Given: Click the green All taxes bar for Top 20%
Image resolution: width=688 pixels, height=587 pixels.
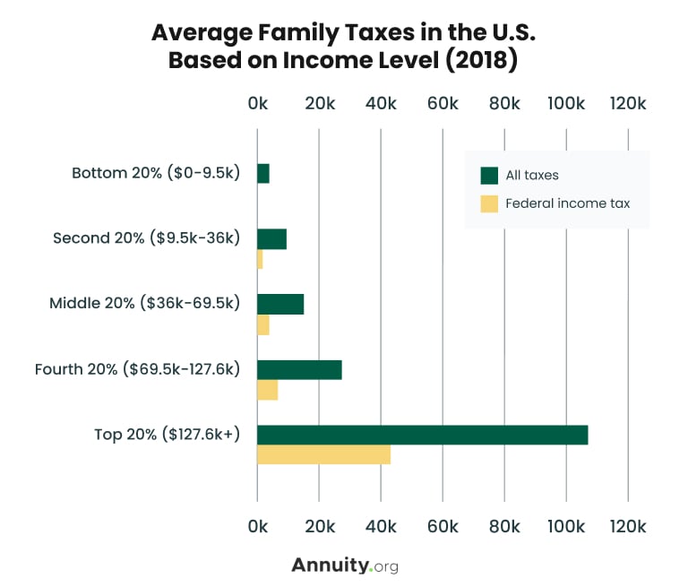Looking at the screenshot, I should coord(422,435).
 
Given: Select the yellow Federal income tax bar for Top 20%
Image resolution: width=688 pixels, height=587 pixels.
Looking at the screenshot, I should coord(323,454).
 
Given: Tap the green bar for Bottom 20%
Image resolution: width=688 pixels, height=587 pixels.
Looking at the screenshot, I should coord(263,174).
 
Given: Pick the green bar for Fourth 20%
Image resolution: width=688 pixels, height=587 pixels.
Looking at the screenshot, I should coord(299,369).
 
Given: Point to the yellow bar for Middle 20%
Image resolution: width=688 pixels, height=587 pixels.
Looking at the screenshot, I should coord(263,324).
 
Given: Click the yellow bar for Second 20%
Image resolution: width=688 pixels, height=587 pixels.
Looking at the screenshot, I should coord(260,259).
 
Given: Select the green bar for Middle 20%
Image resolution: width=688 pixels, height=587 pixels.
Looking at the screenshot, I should coord(280,304).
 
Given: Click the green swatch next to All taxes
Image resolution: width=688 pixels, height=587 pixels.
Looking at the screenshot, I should coord(489,175).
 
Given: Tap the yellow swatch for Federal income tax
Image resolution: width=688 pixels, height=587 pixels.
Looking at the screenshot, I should coord(489,203).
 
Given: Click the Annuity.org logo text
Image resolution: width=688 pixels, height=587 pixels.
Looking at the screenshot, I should coord(344,565).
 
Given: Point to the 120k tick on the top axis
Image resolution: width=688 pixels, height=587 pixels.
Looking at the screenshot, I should coord(627,104).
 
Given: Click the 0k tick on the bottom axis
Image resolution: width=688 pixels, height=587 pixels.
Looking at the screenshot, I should coord(257,525).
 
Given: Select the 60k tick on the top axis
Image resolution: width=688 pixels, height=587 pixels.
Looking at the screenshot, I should coord(443,104).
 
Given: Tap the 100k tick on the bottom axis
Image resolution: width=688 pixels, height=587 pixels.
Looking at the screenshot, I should coord(565,525).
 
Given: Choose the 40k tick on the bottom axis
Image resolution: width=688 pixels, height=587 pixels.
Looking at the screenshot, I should coord(381,525).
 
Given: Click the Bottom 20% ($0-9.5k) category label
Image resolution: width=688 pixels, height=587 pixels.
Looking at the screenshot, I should coord(156,173).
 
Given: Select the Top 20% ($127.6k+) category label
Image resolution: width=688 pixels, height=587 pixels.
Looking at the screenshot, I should coord(168,435).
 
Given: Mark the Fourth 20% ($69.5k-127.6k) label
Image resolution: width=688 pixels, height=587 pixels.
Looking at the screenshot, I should coord(137,369).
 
